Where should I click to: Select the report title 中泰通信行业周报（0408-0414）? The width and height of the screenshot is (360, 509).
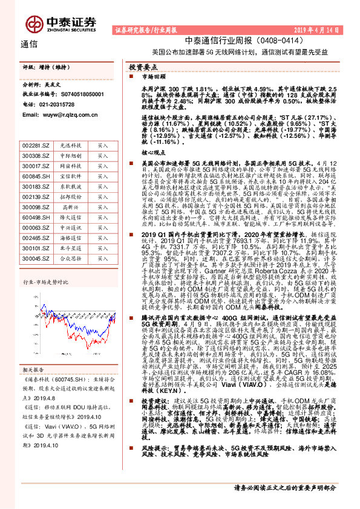[224, 41]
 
